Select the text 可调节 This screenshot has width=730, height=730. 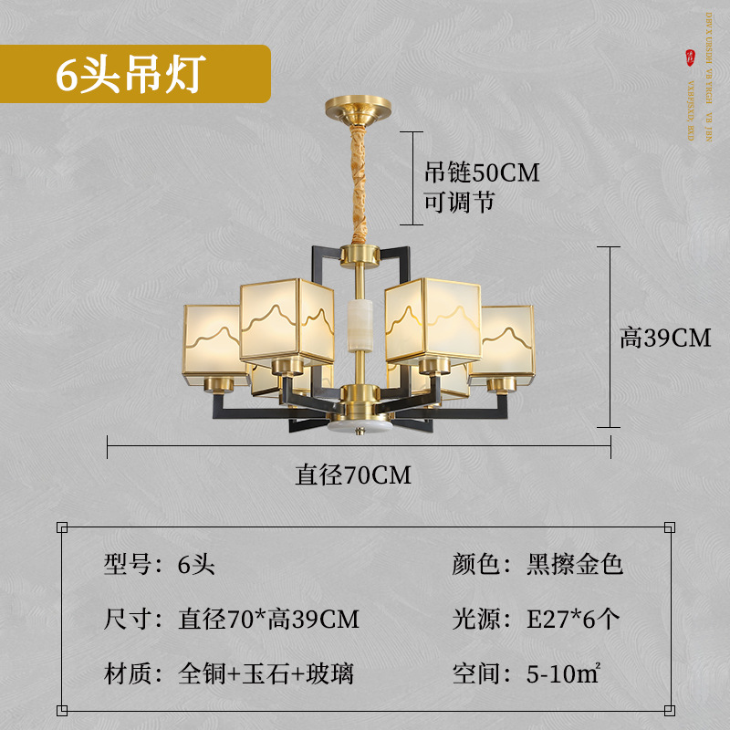(x=459, y=202)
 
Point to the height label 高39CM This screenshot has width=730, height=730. (x=664, y=338)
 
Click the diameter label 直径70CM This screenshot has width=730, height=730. (x=353, y=475)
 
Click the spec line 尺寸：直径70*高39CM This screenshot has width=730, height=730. (x=232, y=620)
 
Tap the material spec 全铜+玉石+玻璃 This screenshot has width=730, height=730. (x=266, y=674)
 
